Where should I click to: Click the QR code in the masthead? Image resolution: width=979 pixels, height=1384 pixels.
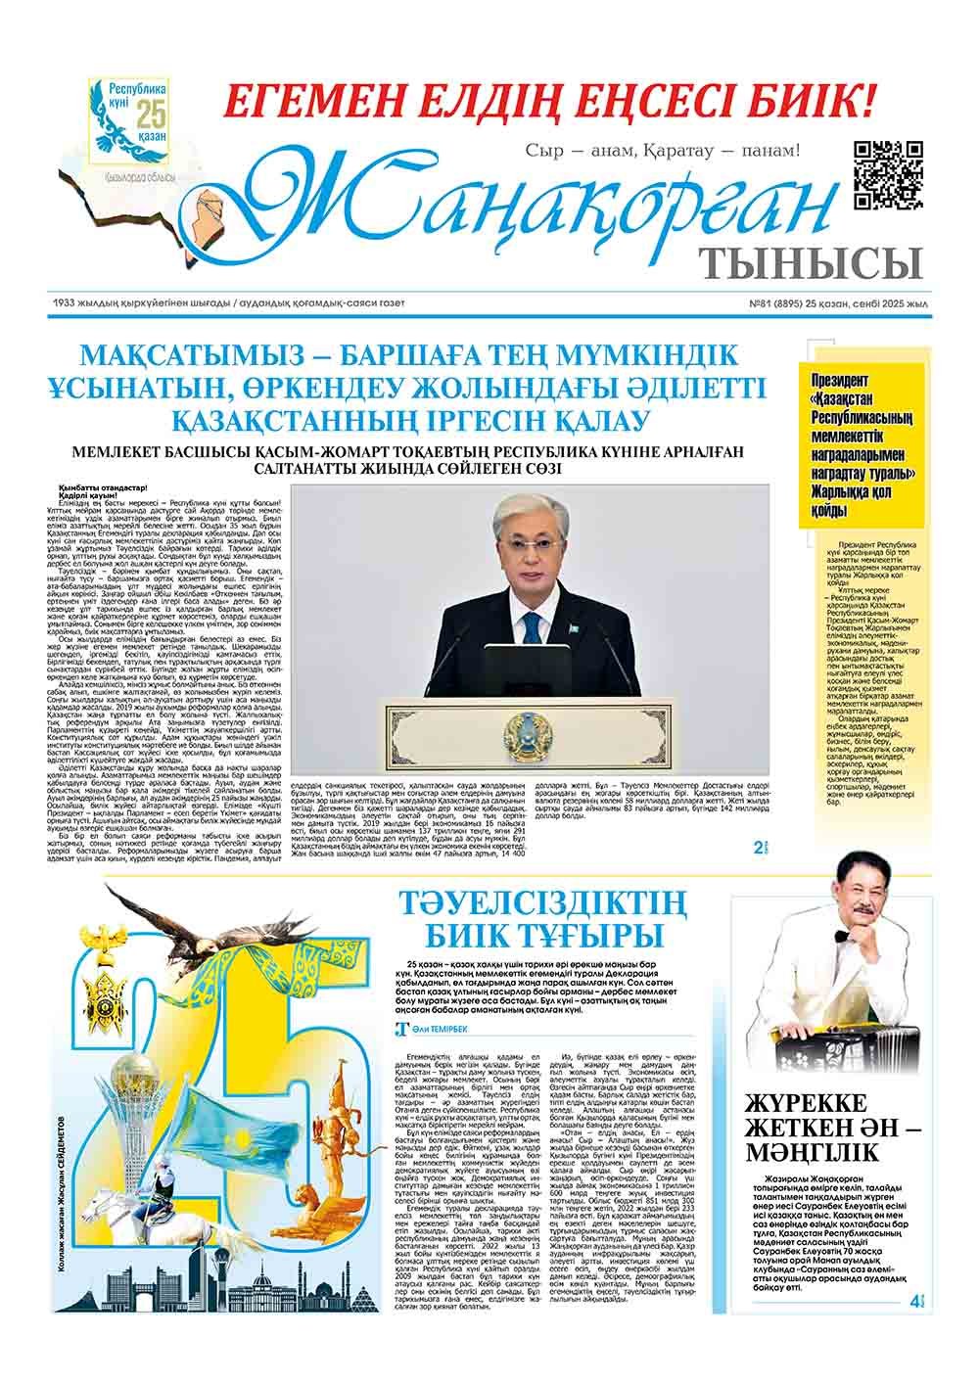pyautogui.click(x=888, y=174)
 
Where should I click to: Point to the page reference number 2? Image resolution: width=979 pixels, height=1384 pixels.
pyautogui.click(x=759, y=847)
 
